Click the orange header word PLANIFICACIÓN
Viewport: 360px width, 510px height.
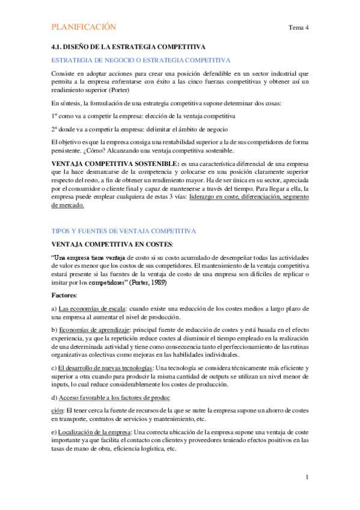tap(84, 27)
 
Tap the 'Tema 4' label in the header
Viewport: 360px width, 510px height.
tap(298, 28)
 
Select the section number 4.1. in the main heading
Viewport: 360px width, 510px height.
tap(59, 46)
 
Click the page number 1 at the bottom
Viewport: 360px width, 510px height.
tap(307, 477)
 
